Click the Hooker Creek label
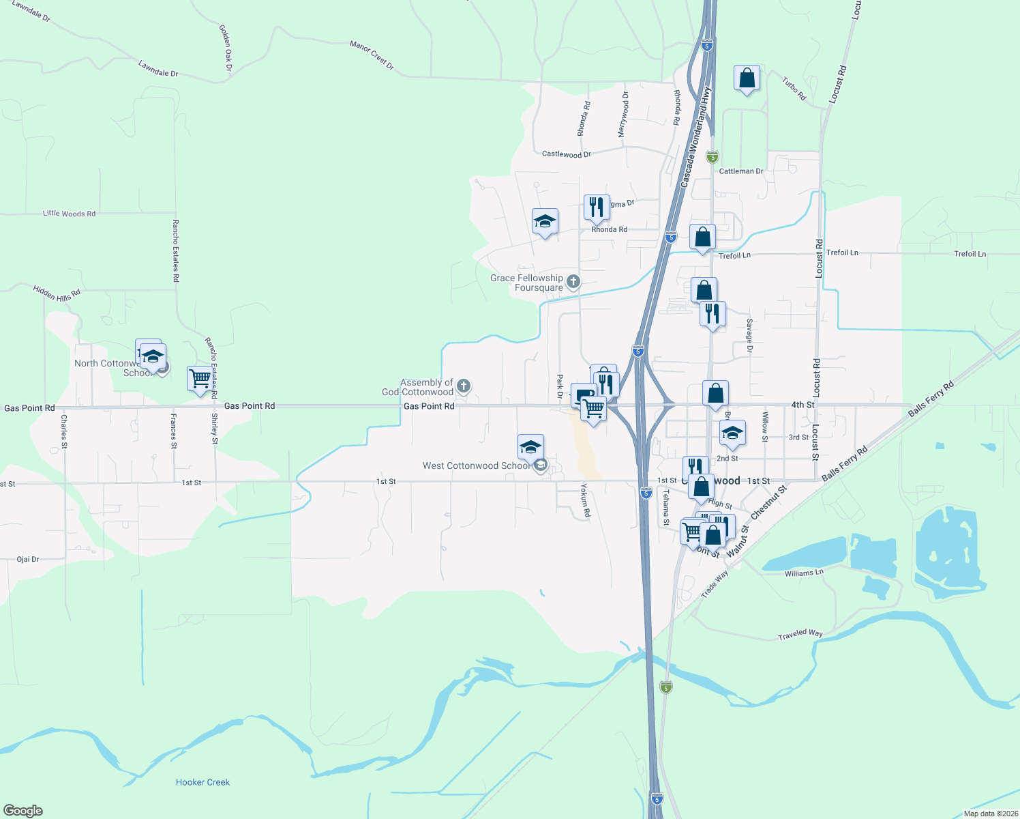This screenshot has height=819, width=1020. click(202, 782)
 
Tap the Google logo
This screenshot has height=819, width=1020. click(22, 811)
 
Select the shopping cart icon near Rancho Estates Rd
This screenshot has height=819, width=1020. click(200, 379)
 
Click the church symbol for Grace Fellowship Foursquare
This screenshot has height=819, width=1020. click(573, 281)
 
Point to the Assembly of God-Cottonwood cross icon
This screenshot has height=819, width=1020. click(464, 387)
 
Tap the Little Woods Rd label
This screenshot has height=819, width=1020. click(69, 214)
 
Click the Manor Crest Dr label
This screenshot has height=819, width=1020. click(372, 55)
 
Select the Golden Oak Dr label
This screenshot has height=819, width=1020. click(226, 48)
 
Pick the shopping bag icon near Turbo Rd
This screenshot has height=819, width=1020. click(747, 78)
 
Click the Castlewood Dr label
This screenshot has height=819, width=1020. click(566, 154)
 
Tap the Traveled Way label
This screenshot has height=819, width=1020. click(800, 635)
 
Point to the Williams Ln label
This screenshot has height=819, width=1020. click(804, 573)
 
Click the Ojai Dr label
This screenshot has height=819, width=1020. click(28, 559)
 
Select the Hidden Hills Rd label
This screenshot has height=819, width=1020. click(57, 293)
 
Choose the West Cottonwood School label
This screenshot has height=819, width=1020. click(476, 465)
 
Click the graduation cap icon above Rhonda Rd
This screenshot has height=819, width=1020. click(545, 222)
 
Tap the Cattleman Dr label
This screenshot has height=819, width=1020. click(741, 171)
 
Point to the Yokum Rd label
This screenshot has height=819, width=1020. click(585, 500)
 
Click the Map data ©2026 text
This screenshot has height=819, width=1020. click(990, 814)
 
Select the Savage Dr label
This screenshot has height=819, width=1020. click(749, 335)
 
